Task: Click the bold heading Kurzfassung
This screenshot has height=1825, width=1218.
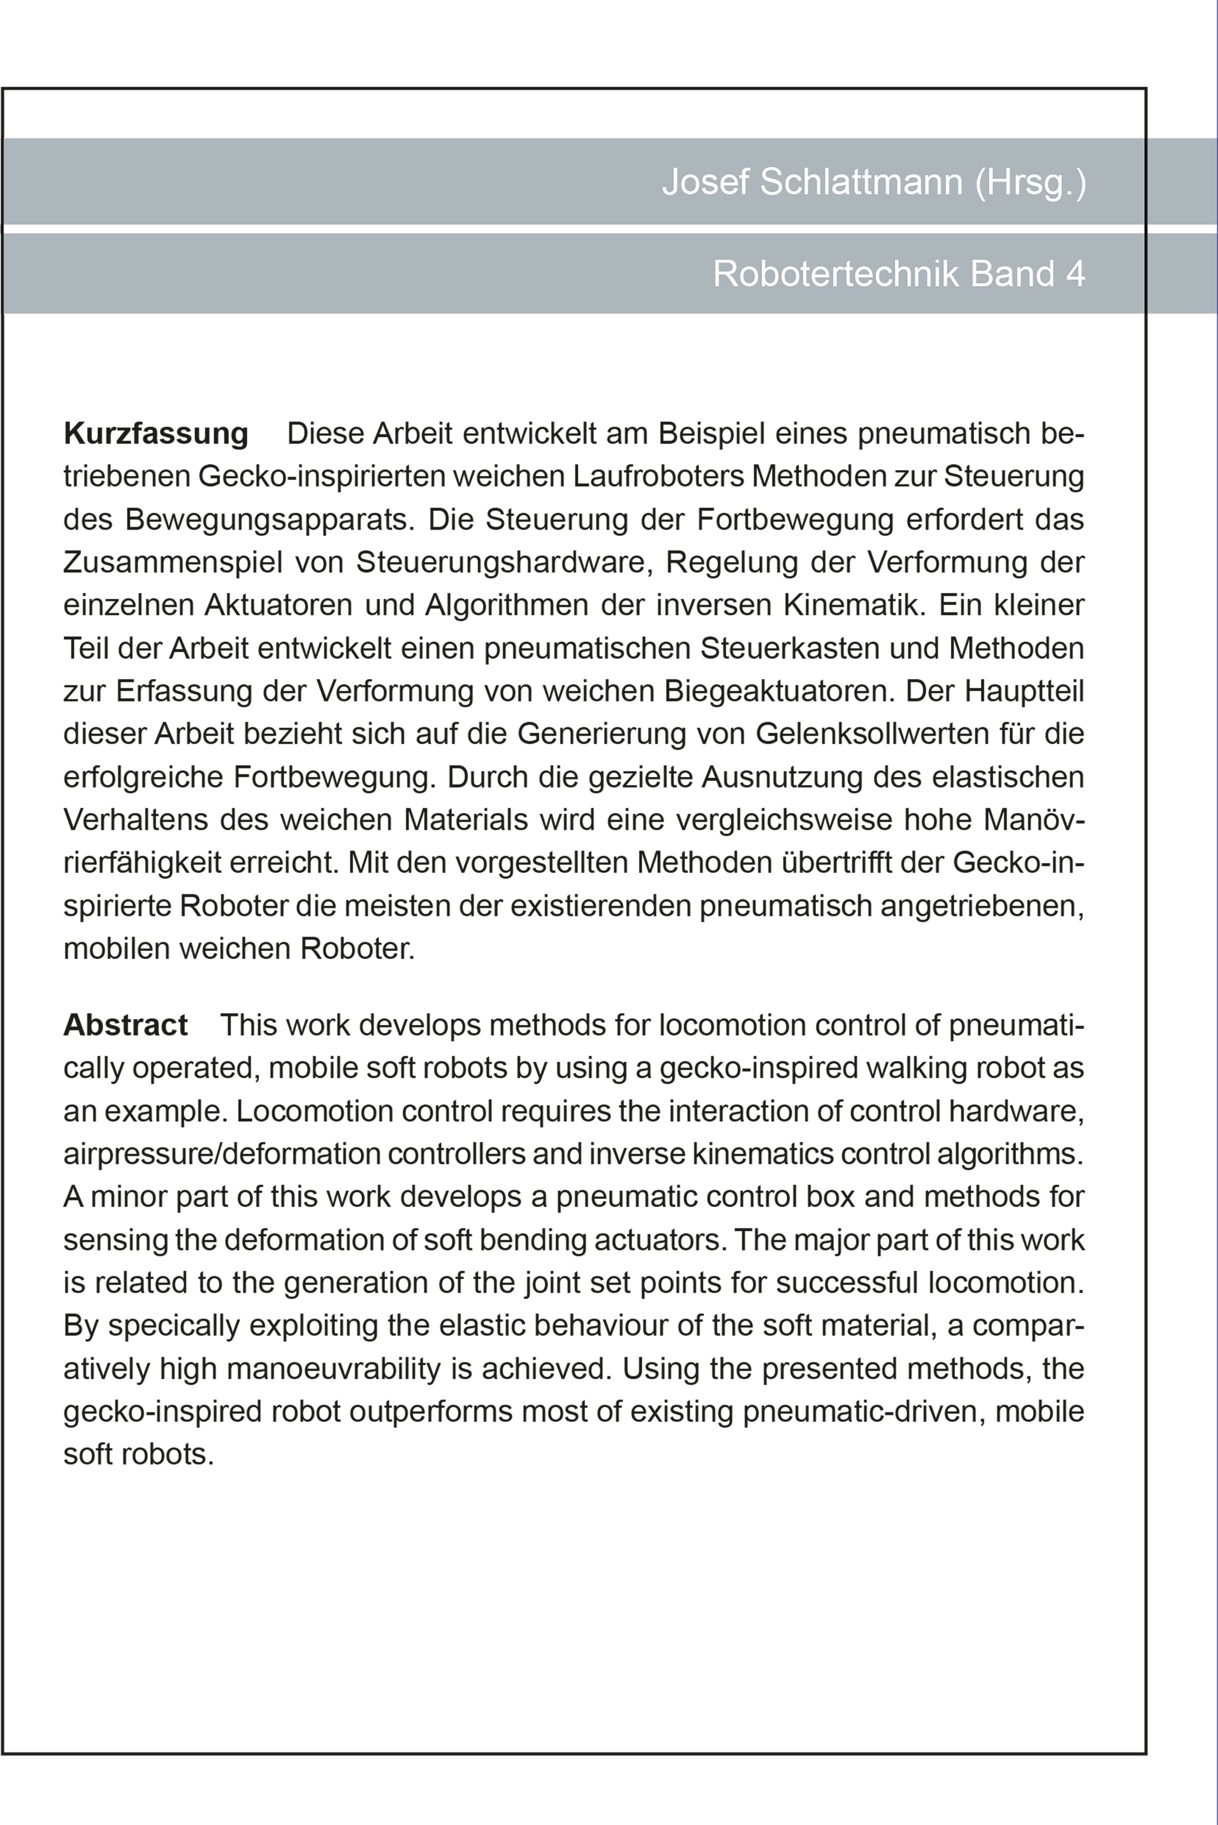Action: coord(155,433)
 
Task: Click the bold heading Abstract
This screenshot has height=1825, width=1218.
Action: coord(125,1025)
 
